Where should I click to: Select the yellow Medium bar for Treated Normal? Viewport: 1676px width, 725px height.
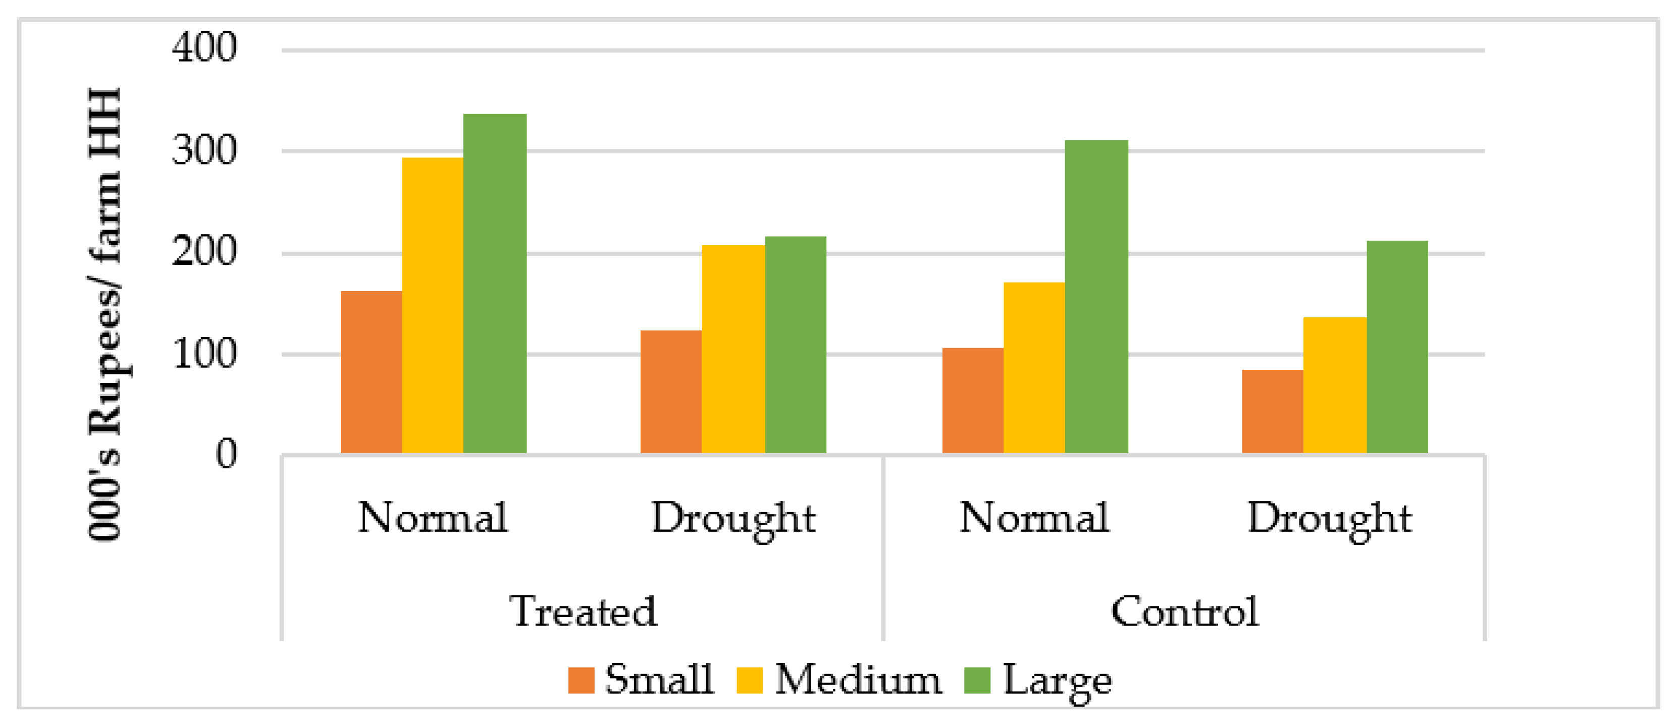(x=433, y=306)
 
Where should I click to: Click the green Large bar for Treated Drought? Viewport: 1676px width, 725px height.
(x=795, y=345)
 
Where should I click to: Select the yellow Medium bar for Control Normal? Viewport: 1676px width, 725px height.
(x=1034, y=367)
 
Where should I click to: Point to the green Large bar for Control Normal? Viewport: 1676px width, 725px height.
(x=1096, y=296)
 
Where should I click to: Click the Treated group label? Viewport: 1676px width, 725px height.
(x=583, y=611)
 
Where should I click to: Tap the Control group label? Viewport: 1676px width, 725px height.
(x=1184, y=611)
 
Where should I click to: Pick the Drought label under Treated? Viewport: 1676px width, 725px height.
(x=733, y=518)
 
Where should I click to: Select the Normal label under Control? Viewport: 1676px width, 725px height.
(x=1034, y=518)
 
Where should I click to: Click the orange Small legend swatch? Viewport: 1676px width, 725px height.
(x=581, y=680)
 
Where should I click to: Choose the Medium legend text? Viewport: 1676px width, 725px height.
(x=858, y=680)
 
